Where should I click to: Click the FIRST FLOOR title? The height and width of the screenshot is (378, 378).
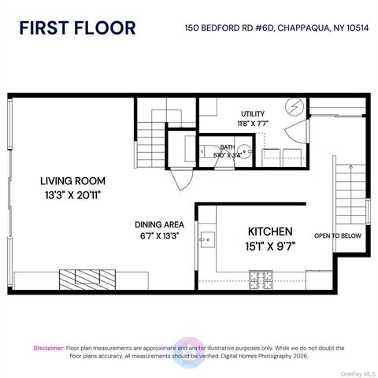77,28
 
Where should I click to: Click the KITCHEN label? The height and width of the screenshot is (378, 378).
270,232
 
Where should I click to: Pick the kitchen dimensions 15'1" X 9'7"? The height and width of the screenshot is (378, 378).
270,246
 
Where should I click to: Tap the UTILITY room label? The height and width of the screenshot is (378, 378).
253,113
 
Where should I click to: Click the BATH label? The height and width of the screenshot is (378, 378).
227,147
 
